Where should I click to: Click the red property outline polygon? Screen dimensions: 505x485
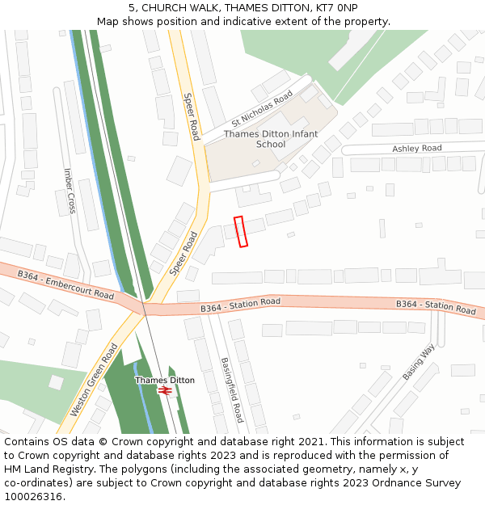point(240,231)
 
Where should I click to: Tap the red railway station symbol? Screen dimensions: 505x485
point(165,390)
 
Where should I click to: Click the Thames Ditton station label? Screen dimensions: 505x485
point(165,380)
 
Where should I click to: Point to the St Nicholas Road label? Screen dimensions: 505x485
point(261,110)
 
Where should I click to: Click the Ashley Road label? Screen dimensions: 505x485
point(417,149)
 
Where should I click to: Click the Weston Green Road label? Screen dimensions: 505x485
point(94,380)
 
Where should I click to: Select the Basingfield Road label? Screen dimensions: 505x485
point(231,390)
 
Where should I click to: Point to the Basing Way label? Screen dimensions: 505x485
point(418,363)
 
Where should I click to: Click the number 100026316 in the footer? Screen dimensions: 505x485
point(33,497)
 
